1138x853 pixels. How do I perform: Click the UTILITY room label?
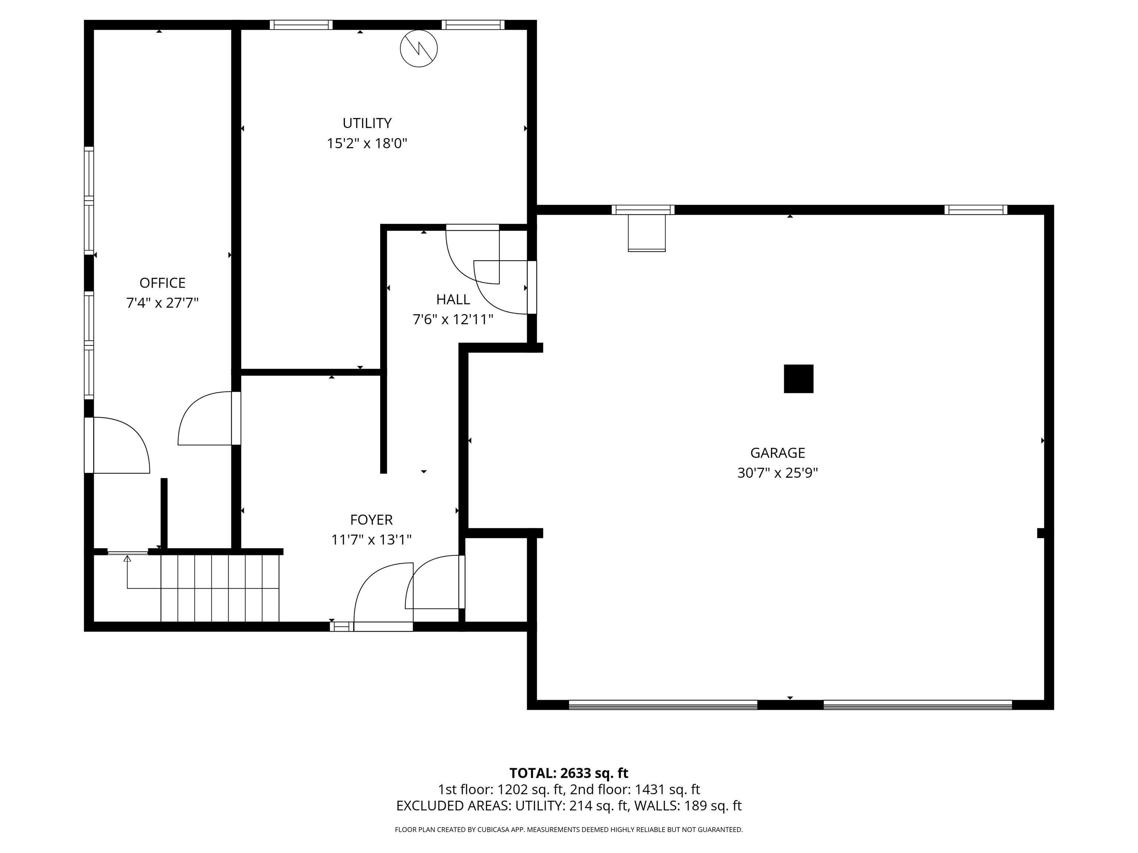click(x=367, y=123)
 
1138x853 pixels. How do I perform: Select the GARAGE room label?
click(x=777, y=453)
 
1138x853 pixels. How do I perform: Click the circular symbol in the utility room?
click(x=418, y=49)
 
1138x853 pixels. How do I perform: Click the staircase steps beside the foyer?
click(x=220, y=588)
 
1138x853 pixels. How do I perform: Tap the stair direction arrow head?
click(x=127, y=558)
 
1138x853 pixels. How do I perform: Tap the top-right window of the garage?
click(x=975, y=210)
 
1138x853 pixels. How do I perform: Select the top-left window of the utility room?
click(x=301, y=25)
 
